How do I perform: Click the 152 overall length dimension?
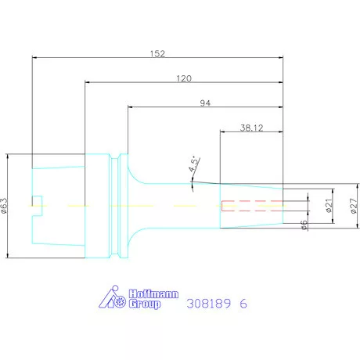[x=157, y=54]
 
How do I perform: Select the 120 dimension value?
[x=184, y=78]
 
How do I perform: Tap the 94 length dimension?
[x=205, y=103]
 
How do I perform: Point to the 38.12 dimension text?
[x=251, y=128]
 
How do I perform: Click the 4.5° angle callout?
[x=194, y=164]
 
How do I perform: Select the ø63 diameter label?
[x=4, y=206]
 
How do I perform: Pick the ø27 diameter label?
[x=354, y=206]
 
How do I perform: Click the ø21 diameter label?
[x=329, y=206]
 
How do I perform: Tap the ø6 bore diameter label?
[x=304, y=225]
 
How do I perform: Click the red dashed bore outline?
[x=252, y=206]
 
